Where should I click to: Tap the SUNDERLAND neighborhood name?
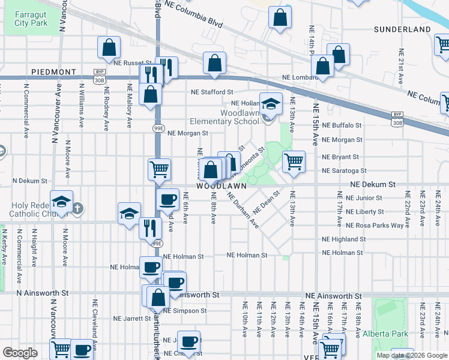tap(402, 29)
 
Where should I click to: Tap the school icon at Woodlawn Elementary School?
tap(271, 104)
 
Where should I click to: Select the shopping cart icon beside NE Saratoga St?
tap(294, 161)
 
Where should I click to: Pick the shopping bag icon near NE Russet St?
tap(109, 47)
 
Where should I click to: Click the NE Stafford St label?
tap(212, 92)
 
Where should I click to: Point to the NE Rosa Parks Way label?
tap(375, 226)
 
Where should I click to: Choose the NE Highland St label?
tap(345, 239)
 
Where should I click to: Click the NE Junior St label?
tap(360, 198)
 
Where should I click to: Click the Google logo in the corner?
tap(20, 353)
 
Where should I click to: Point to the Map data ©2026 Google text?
tap(411, 355)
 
